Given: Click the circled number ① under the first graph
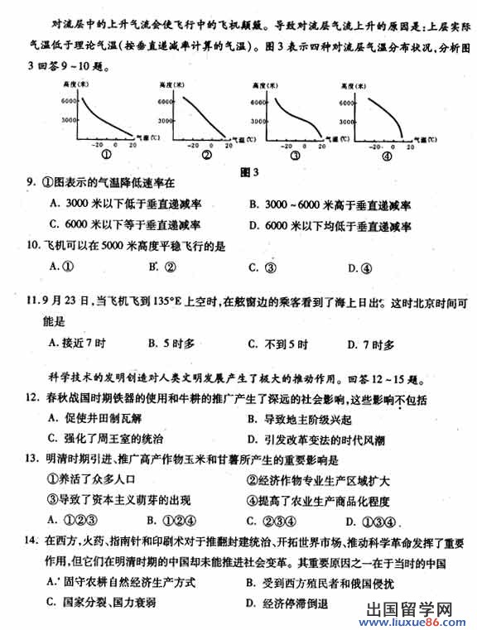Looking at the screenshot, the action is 105,155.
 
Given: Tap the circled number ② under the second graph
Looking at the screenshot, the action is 207,155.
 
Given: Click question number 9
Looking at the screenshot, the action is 30,184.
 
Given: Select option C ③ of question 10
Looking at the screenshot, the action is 263,267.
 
